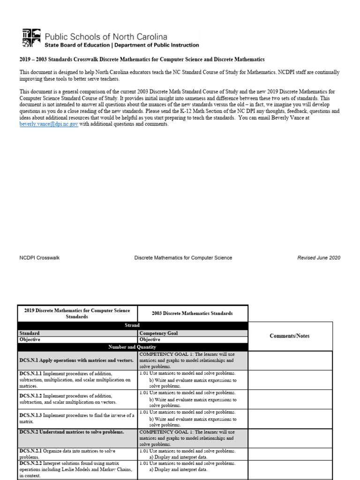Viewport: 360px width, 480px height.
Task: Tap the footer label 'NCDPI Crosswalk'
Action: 39,258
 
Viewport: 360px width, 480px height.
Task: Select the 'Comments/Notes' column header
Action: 290,336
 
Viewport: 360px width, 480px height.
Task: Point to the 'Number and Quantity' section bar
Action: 132,347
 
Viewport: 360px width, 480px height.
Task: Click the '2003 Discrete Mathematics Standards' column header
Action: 192,313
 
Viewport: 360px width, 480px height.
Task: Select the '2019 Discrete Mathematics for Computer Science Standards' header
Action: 77,313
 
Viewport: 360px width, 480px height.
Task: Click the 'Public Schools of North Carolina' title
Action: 105,37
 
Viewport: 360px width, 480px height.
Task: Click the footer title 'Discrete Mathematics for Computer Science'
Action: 183,258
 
